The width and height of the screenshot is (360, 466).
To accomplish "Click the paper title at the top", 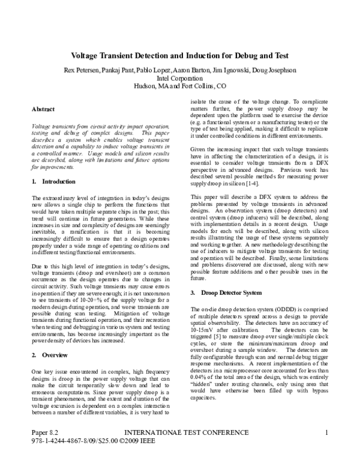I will pos(179,55).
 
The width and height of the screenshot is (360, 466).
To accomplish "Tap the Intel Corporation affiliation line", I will pos(179,78).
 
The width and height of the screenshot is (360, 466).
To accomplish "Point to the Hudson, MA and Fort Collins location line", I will pos(179,86).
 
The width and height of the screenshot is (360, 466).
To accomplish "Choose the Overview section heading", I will pos(49,356).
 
